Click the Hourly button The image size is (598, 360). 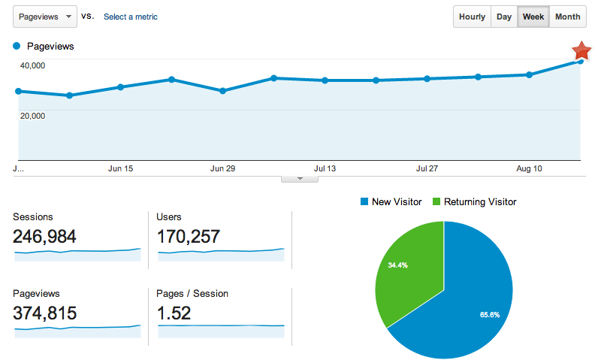click(x=472, y=17)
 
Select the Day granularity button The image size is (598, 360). click(x=504, y=17)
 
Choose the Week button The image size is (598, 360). click(x=533, y=17)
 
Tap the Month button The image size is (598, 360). click(x=567, y=17)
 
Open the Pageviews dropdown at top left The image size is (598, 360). click(x=45, y=16)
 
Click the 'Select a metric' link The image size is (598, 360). click(x=131, y=17)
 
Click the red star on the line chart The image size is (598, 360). click(x=581, y=51)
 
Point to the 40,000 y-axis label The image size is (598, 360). click(x=33, y=65)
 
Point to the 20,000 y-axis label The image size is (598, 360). click(x=33, y=116)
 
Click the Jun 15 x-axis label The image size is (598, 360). click(x=120, y=169)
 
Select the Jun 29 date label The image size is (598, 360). click(x=223, y=169)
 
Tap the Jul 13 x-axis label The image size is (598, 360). click(x=325, y=169)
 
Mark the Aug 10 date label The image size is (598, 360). click(x=529, y=169)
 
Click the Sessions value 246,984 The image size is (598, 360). click(x=44, y=237)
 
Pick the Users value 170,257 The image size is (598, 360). click(x=188, y=237)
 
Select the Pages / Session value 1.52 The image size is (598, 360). click(x=174, y=313)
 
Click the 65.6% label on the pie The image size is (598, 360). click(x=489, y=314)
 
